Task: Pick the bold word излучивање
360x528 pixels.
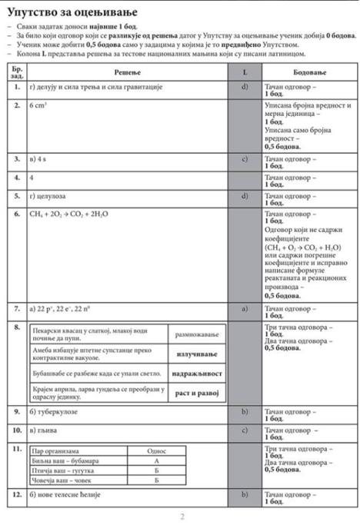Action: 196,354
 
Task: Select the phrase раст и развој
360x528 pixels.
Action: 196,394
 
